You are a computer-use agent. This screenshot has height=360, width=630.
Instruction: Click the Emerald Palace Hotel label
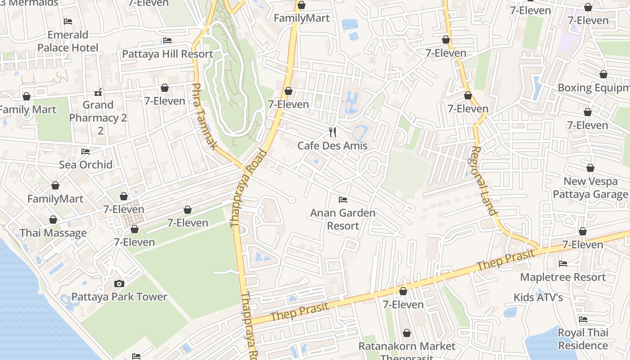point(68,41)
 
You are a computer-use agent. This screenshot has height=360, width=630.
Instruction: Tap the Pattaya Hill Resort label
point(167,54)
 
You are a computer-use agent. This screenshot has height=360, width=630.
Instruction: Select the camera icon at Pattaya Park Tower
point(119,283)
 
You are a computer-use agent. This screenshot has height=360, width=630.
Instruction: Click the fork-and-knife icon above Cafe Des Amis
point(333,132)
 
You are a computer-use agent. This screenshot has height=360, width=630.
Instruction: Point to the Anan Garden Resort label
point(343,219)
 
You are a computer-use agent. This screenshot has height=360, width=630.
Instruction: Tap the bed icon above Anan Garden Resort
point(343,199)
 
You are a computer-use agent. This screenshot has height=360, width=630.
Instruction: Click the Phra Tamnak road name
point(205,117)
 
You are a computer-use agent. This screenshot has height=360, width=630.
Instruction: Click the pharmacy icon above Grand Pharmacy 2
point(98,92)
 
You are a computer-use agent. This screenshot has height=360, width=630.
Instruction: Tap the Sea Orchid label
point(86,165)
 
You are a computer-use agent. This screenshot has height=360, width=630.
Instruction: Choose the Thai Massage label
point(53,233)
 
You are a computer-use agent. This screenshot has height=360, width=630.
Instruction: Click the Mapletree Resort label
point(562,277)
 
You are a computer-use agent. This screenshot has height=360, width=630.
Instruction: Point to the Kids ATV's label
point(538,297)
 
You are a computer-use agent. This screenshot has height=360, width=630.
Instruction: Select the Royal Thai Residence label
point(583,339)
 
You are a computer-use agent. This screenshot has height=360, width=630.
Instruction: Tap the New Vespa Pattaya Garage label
point(590,188)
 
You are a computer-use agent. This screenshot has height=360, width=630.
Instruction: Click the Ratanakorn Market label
point(407,346)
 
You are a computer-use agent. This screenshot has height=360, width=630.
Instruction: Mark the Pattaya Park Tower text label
point(119,297)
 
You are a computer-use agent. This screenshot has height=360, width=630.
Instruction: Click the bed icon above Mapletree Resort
point(562,264)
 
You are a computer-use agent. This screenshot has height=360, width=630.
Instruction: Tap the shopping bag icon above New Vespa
point(590,168)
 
